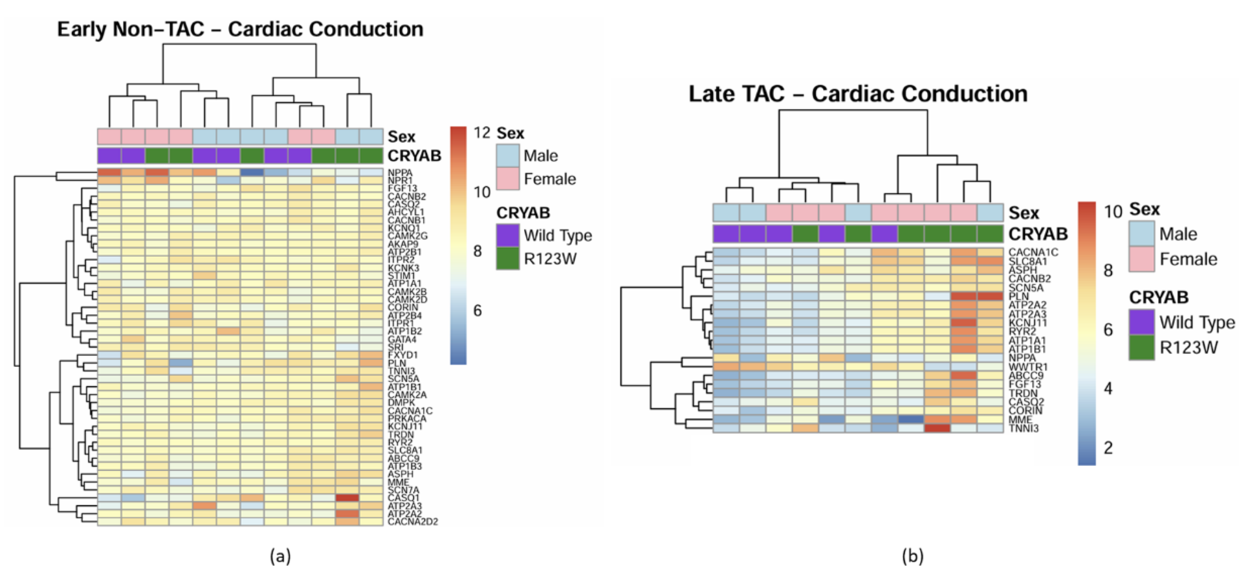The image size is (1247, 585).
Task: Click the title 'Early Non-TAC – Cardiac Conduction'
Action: tap(240, 29)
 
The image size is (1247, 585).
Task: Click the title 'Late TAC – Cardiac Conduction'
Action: tap(858, 94)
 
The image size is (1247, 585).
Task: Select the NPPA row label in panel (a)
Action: tap(400, 173)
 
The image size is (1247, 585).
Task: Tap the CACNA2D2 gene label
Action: tap(412, 522)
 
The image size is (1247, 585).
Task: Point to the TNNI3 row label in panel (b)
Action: tap(1023, 428)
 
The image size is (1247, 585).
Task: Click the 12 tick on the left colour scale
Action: tap(482, 132)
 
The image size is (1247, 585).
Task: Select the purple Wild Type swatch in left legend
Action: tap(508, 235)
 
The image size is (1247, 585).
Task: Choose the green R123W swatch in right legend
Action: tap(1141, 347)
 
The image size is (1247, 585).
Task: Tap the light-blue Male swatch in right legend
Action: tap(1141, 234)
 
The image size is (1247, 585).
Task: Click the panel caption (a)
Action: tap(280, 556)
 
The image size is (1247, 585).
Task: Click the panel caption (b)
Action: tap(913, 556)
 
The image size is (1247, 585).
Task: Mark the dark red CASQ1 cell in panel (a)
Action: tap(348, 498)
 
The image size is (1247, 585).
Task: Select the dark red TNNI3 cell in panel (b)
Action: tap(937, 428)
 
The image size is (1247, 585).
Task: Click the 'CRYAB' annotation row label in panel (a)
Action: tap(415, 156)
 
